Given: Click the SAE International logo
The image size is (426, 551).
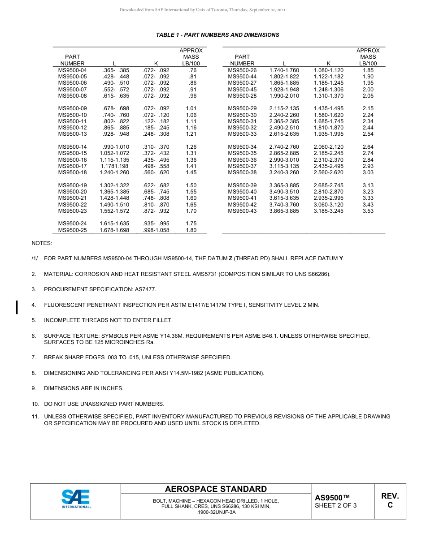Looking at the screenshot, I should click(76, 499).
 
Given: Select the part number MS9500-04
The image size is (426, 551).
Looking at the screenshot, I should click(72, 70).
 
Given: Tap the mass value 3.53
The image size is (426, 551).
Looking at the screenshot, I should click(368, 211).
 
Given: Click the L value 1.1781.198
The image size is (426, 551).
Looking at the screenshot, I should click(114, 166).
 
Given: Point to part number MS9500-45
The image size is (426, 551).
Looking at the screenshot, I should click(242, 90).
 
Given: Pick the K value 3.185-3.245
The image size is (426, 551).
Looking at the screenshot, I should click(328, 211).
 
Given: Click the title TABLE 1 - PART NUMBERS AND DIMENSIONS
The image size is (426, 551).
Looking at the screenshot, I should click(217, 35).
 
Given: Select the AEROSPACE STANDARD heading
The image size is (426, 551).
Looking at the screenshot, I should click(216, 489).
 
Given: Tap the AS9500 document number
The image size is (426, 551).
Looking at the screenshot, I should click(332, 498).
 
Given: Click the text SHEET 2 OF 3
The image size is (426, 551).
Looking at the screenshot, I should click(336, 506).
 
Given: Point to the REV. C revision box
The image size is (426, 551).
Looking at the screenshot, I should click(390, 501).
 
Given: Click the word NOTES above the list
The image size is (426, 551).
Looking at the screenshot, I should click(42, 243).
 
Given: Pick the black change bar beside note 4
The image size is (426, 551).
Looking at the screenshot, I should click(17, 307).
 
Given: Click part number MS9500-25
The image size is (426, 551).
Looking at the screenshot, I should click(72, 230).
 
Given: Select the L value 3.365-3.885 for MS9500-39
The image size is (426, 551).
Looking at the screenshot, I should click(284, 185).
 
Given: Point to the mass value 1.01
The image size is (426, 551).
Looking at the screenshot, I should click(191, 108).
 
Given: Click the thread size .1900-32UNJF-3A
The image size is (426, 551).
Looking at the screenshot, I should click(216, 512).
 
